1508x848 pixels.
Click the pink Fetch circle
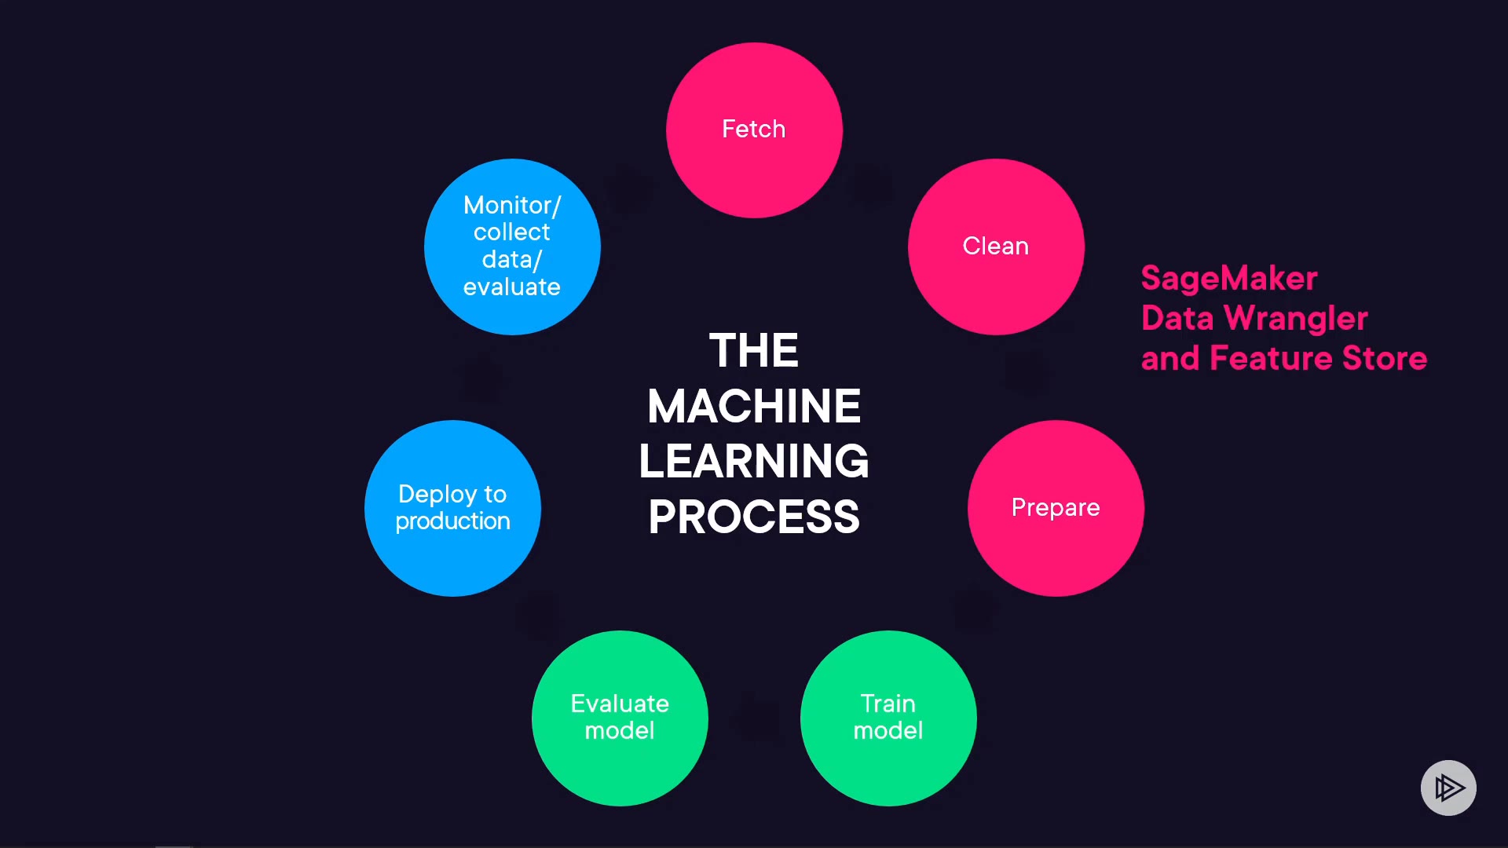click(x=754, y=130)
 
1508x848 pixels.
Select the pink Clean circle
click(x=996, y=247)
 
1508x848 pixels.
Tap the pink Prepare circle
click(x=1056, y=508)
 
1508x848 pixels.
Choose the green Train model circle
click(x=888, y=718)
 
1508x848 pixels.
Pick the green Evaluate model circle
click(x=620, y=718)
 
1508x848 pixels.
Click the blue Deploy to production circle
click(x=452, y=508)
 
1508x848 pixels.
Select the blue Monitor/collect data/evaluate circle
click(x=512, y=247)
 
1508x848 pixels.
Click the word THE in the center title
click(x=754, y=350)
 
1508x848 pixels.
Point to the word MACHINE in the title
click(x=754, y=406)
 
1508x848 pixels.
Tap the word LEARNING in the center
click(x=754, y=461)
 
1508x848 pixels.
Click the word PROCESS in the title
click(x=754, y=517)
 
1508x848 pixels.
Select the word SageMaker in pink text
click(x=1229, y=279)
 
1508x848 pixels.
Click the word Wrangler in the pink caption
click(x=1296, y=319)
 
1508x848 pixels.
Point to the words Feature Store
click(x=1318, y=359)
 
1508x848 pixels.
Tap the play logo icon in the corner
click(x=1448, y=788)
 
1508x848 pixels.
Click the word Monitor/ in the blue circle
click(x=512, y=205)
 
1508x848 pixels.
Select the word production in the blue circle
click(x=452, y=521)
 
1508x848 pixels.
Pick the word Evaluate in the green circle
click(x=620, y=704)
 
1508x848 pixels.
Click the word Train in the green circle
click(x=888, y=704)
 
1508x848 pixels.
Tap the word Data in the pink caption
click(x=1177, y=319)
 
